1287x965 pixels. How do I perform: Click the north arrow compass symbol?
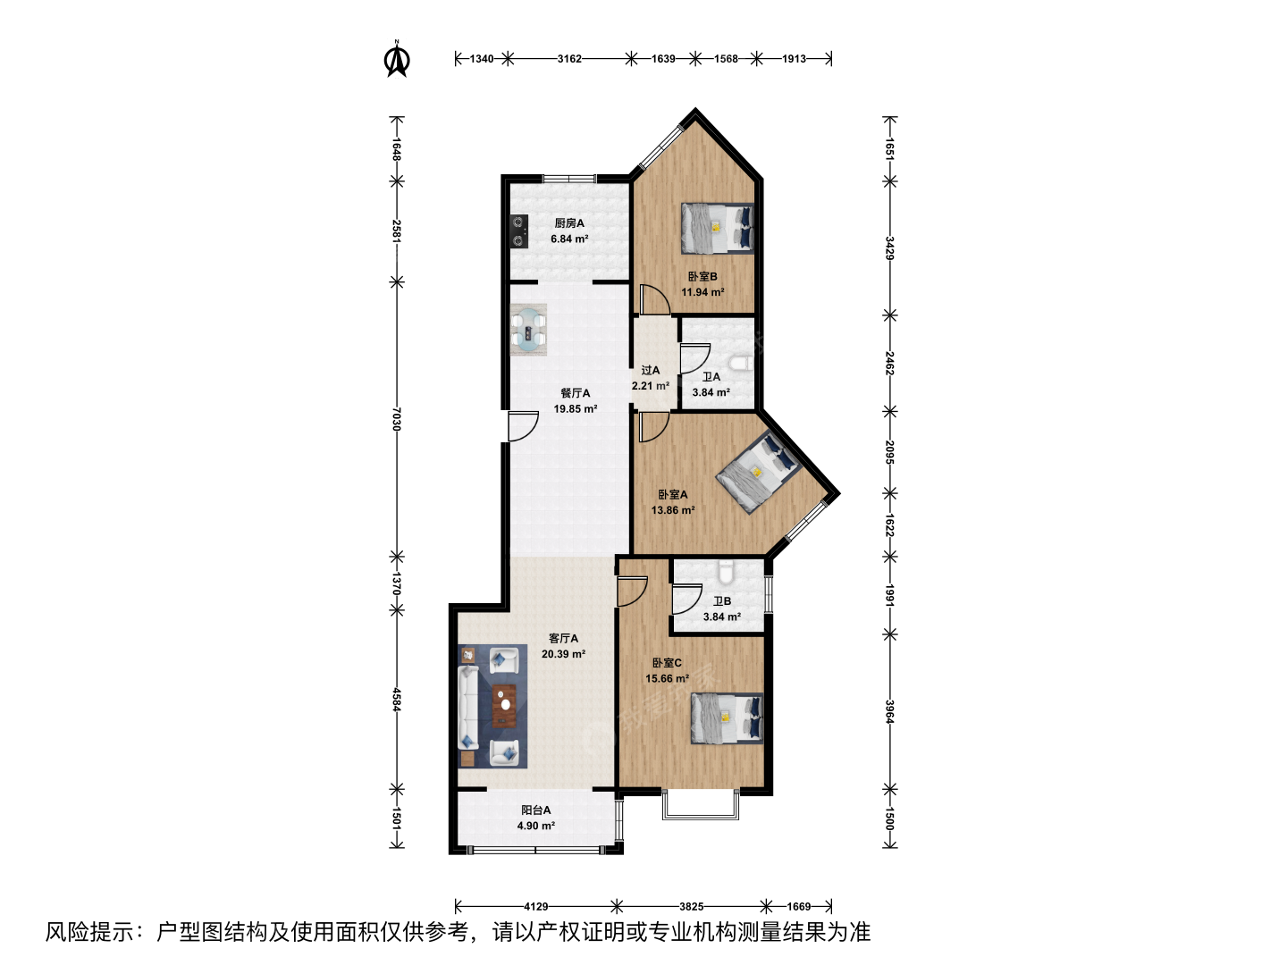[x=397, y=59]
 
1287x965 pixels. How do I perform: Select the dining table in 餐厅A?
[x=528, y=330]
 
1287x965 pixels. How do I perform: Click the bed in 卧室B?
[x=717, y=229]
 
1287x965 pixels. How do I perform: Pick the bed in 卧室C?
[x=727, y=718]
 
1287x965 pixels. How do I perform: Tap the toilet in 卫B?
[x=726, y=572]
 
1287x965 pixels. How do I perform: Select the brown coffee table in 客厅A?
[x=504, y=706]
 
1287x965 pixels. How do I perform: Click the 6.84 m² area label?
[x=569, y=239]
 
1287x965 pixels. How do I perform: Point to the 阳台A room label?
[x=536, y=810]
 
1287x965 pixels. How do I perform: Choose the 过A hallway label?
[x=651, y=370]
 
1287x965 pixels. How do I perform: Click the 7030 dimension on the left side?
[x=397, y=419]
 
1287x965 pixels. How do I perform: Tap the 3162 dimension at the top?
[x=569, y=59]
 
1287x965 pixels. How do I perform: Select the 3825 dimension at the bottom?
[x=691, y=907]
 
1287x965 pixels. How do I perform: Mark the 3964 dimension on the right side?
[x=890, y=712]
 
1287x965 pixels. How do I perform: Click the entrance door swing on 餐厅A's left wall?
[x=523, y=426]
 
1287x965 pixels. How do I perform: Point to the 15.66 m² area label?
[x=668, y=678]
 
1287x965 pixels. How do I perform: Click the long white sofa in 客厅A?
[x=468, y=707]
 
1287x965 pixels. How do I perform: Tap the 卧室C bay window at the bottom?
[x=701, y=805]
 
